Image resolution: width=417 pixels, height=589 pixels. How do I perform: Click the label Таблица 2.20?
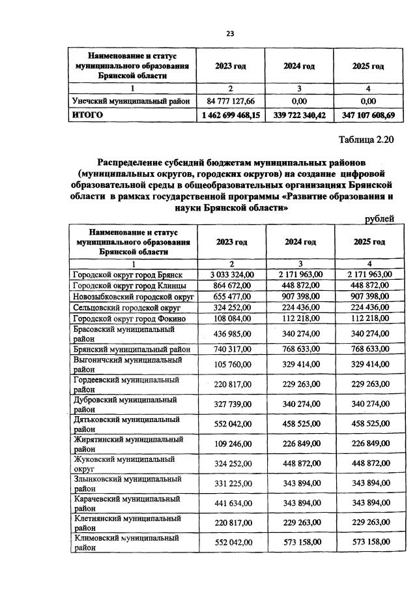point(367,140)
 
